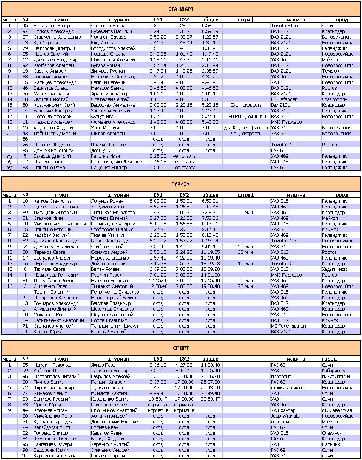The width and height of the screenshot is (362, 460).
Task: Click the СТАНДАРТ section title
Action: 181,9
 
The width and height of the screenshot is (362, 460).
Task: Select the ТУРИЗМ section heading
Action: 181,184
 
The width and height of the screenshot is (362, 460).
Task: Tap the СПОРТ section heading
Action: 181,348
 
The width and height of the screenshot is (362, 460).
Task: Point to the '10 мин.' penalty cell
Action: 246,264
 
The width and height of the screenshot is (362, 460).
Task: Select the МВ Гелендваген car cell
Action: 288,326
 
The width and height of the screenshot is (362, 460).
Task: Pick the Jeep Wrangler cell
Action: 286,416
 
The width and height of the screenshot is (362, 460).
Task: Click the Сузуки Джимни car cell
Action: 287,388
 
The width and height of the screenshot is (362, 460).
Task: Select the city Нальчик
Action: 331,444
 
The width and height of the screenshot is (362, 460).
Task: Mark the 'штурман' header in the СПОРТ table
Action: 118,359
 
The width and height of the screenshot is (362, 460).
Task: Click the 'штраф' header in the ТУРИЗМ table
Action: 246,195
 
